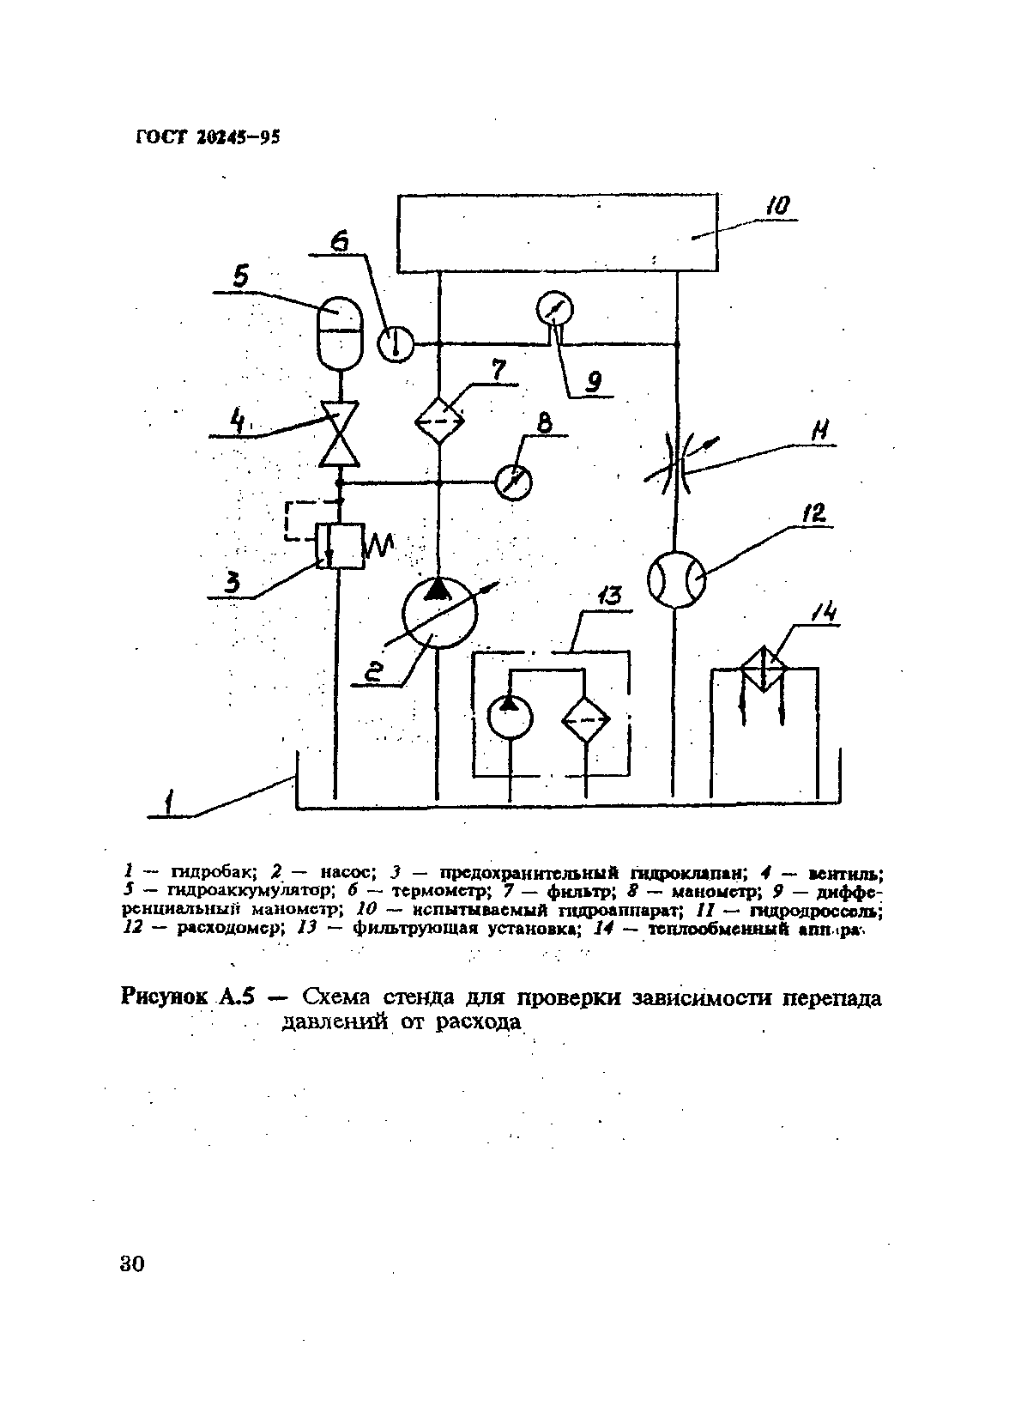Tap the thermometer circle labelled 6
396,345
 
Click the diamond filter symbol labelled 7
439,420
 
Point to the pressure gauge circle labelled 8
514,483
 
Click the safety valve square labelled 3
339,546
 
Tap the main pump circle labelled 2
439,613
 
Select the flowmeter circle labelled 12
676,580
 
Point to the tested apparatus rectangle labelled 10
557,233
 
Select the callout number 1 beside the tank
171,803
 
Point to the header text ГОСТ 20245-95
208,139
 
